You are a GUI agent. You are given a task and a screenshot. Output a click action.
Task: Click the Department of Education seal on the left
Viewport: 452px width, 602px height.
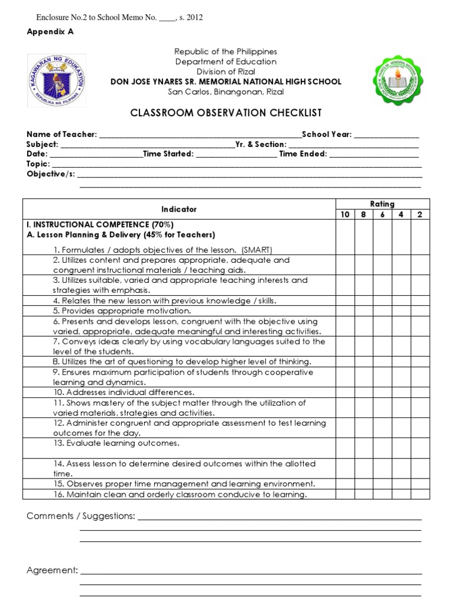click(57, 77)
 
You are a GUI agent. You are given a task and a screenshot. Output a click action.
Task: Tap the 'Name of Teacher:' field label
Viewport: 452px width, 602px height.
click(62, 135)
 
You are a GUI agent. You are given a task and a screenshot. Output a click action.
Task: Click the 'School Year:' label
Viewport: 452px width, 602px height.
click(327, 135)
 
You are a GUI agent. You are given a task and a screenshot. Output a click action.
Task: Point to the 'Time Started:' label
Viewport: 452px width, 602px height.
click(168, 154)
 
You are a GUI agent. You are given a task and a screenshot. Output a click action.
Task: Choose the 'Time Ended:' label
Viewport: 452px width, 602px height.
click(303, 154)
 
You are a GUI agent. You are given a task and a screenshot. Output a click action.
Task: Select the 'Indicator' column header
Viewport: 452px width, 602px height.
click(179, 209)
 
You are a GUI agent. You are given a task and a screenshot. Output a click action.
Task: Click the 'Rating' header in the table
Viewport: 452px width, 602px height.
click(382, 204)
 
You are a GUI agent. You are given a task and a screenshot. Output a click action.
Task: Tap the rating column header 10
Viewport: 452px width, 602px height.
click(345, 215)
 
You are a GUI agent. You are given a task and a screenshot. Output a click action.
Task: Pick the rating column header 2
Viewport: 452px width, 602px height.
click(420, 215)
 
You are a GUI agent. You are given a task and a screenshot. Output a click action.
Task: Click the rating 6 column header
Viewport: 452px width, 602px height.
click(382, 215)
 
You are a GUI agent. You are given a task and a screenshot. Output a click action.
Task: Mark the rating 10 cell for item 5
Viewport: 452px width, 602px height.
click(345, 311)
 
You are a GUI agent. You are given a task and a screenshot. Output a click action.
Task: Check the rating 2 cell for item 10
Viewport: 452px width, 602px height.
click(420, 392)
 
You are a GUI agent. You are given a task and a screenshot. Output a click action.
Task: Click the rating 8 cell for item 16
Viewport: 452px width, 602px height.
click(364, 494)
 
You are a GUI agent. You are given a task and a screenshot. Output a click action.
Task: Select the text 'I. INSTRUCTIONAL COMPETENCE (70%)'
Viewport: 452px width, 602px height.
click(100, 225)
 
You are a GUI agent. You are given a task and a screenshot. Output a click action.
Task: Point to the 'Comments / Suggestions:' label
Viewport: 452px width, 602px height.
click(81, 516)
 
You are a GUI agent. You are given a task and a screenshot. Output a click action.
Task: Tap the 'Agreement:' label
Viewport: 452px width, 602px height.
click(52, 570)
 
